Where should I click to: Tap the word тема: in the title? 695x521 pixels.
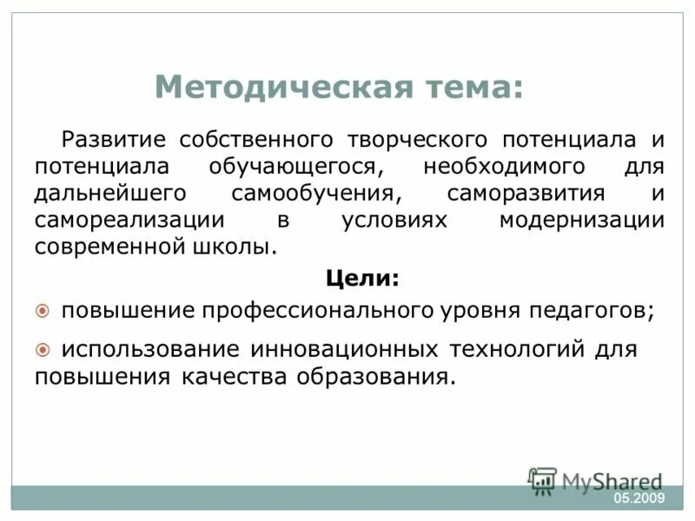[473, 87]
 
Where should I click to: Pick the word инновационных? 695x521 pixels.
[347, 350]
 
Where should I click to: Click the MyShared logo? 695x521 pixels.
[596, 480]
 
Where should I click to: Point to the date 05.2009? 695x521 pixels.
[639, 498]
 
